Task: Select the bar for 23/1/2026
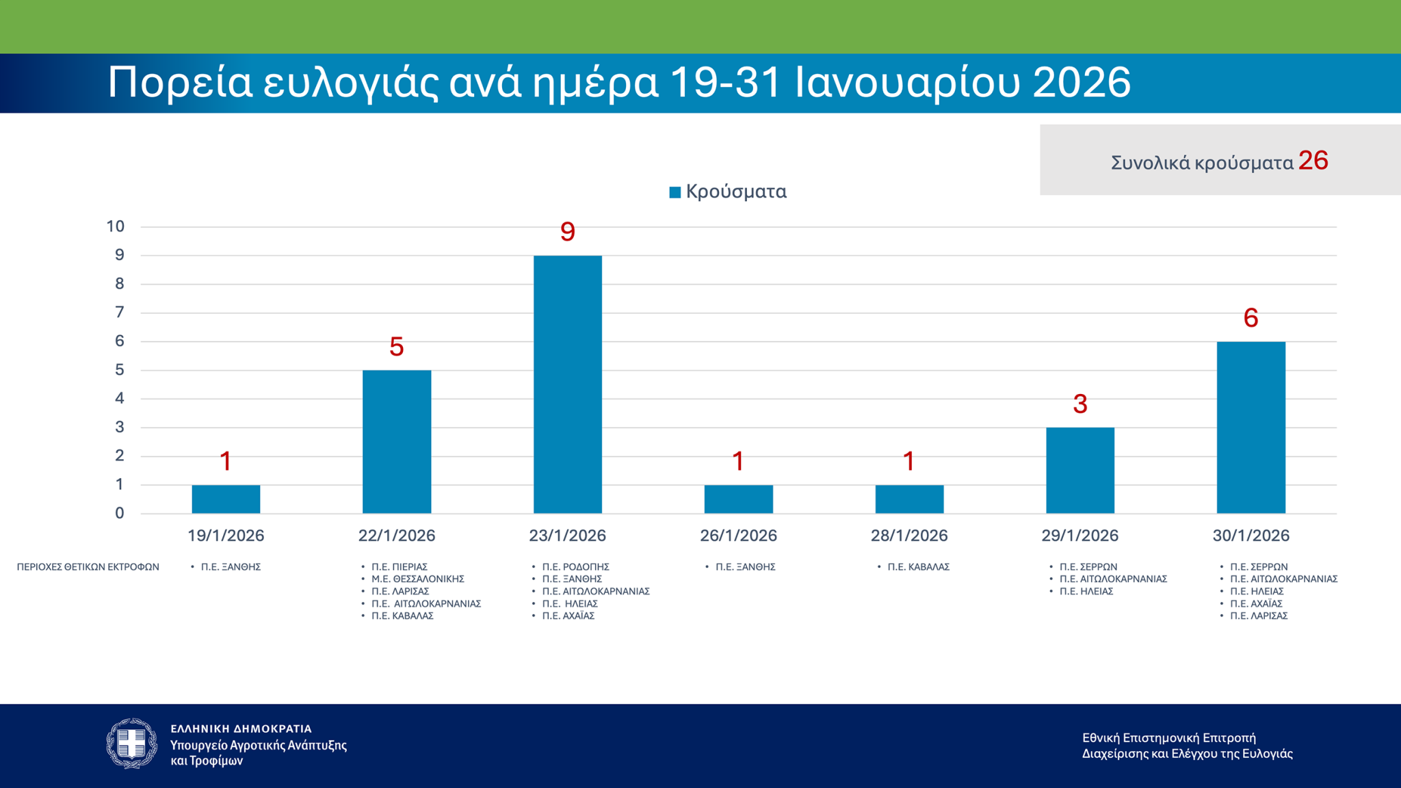[567, 384]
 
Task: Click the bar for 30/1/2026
[1251, 428]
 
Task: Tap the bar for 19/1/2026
[226, 499]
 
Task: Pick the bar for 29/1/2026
[1079, 471]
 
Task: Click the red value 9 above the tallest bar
[567, 232]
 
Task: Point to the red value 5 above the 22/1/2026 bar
[396, 347]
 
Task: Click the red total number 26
[1313, 161]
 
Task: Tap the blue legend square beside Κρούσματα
[675, 192]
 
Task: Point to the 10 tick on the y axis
[116, 226]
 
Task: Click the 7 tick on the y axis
[120, 313]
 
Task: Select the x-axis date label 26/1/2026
[738, 536]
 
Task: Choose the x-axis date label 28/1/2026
[908, 536]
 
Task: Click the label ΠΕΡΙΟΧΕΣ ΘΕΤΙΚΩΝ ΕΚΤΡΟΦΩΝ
[88, 567]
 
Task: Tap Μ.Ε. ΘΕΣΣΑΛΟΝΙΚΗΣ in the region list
[418, 579]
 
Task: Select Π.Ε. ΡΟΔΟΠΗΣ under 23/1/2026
[575, 567]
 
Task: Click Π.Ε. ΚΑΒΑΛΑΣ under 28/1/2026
[918, 567]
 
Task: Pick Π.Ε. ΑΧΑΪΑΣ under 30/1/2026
[1256, 603]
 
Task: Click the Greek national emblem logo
[132, 744]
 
